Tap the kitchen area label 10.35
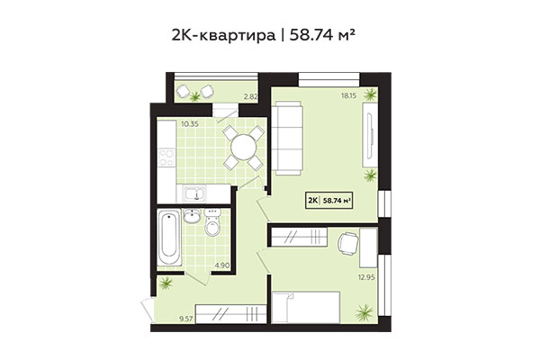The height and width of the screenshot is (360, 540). [164, 123]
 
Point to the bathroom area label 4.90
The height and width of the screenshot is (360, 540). [222, 265]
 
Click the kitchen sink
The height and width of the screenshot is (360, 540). [192, 193]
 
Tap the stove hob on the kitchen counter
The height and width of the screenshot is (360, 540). [165, 160]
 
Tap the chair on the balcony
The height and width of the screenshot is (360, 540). [189, 91]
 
